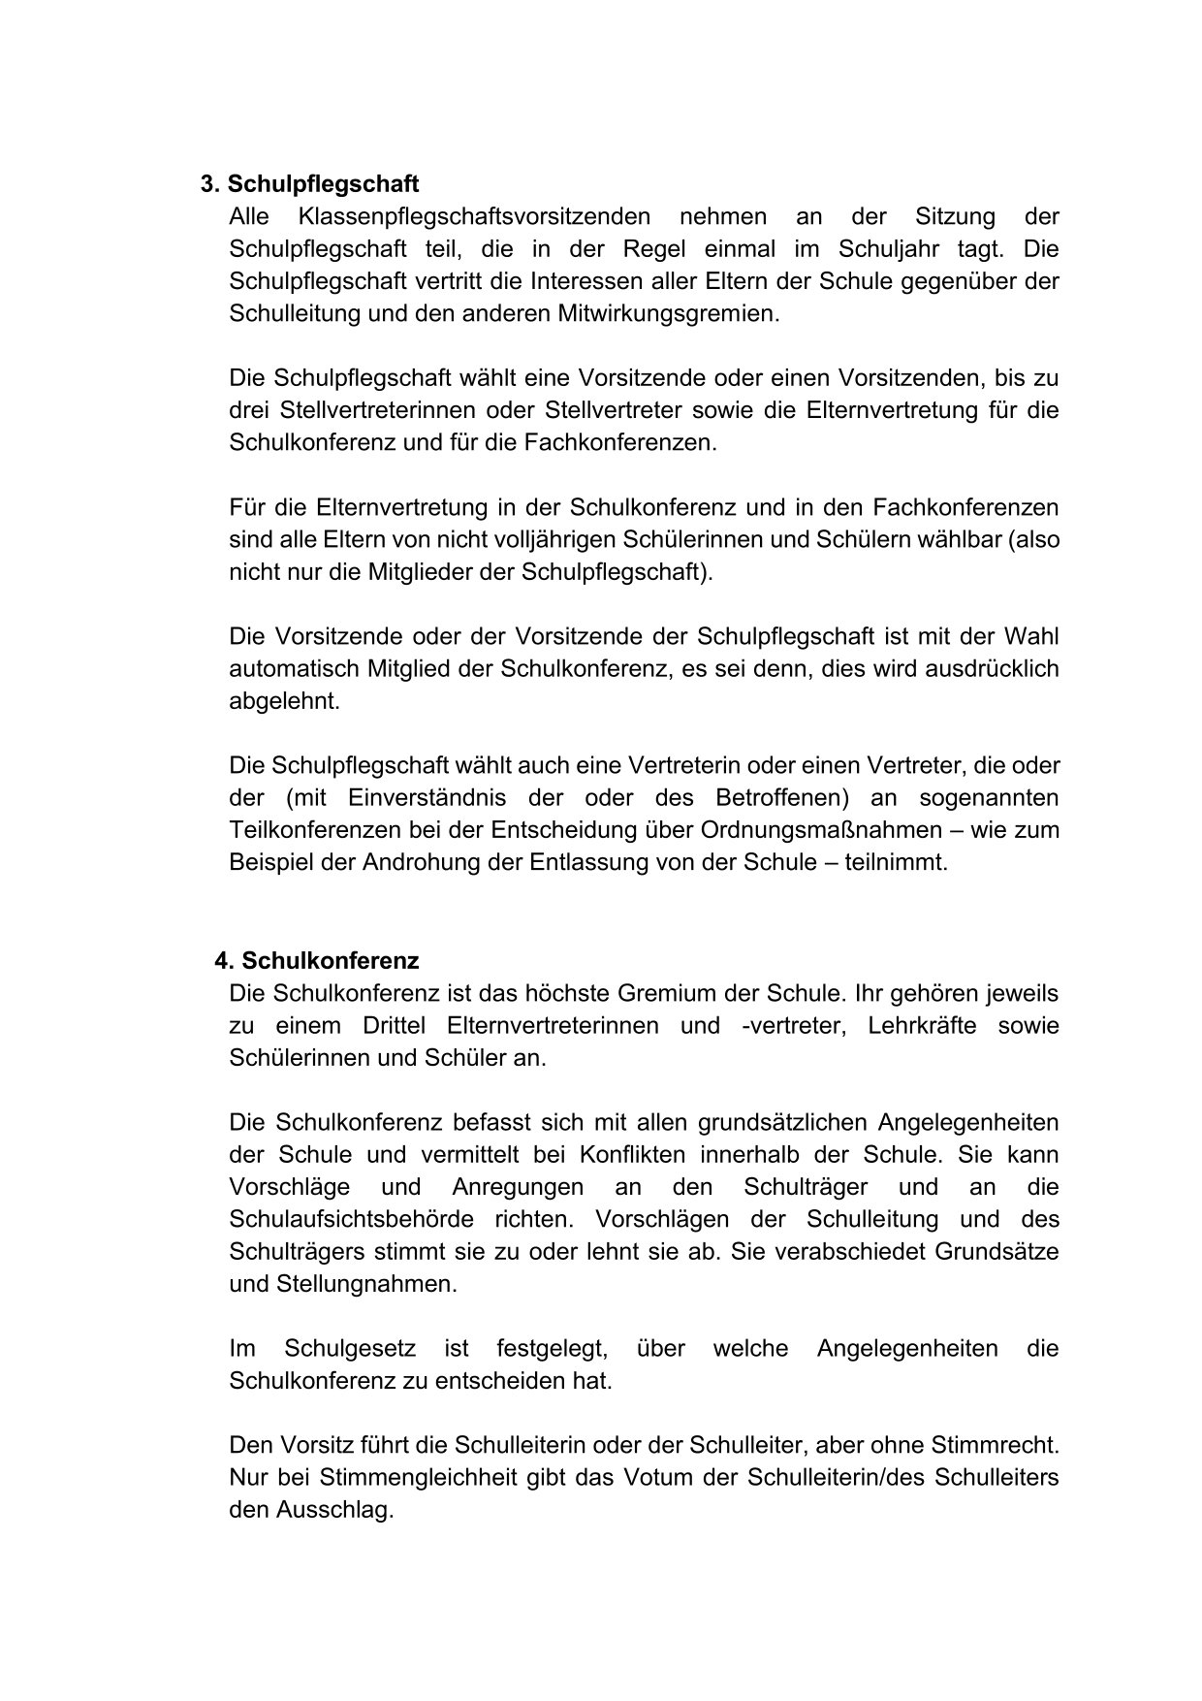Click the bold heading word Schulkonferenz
330,961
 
